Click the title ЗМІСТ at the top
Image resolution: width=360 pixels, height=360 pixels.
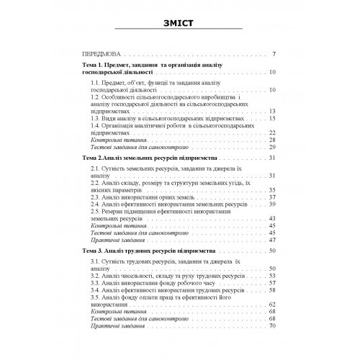[x=181, y=21]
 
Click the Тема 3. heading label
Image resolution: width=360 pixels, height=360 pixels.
[x=98, y=250]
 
